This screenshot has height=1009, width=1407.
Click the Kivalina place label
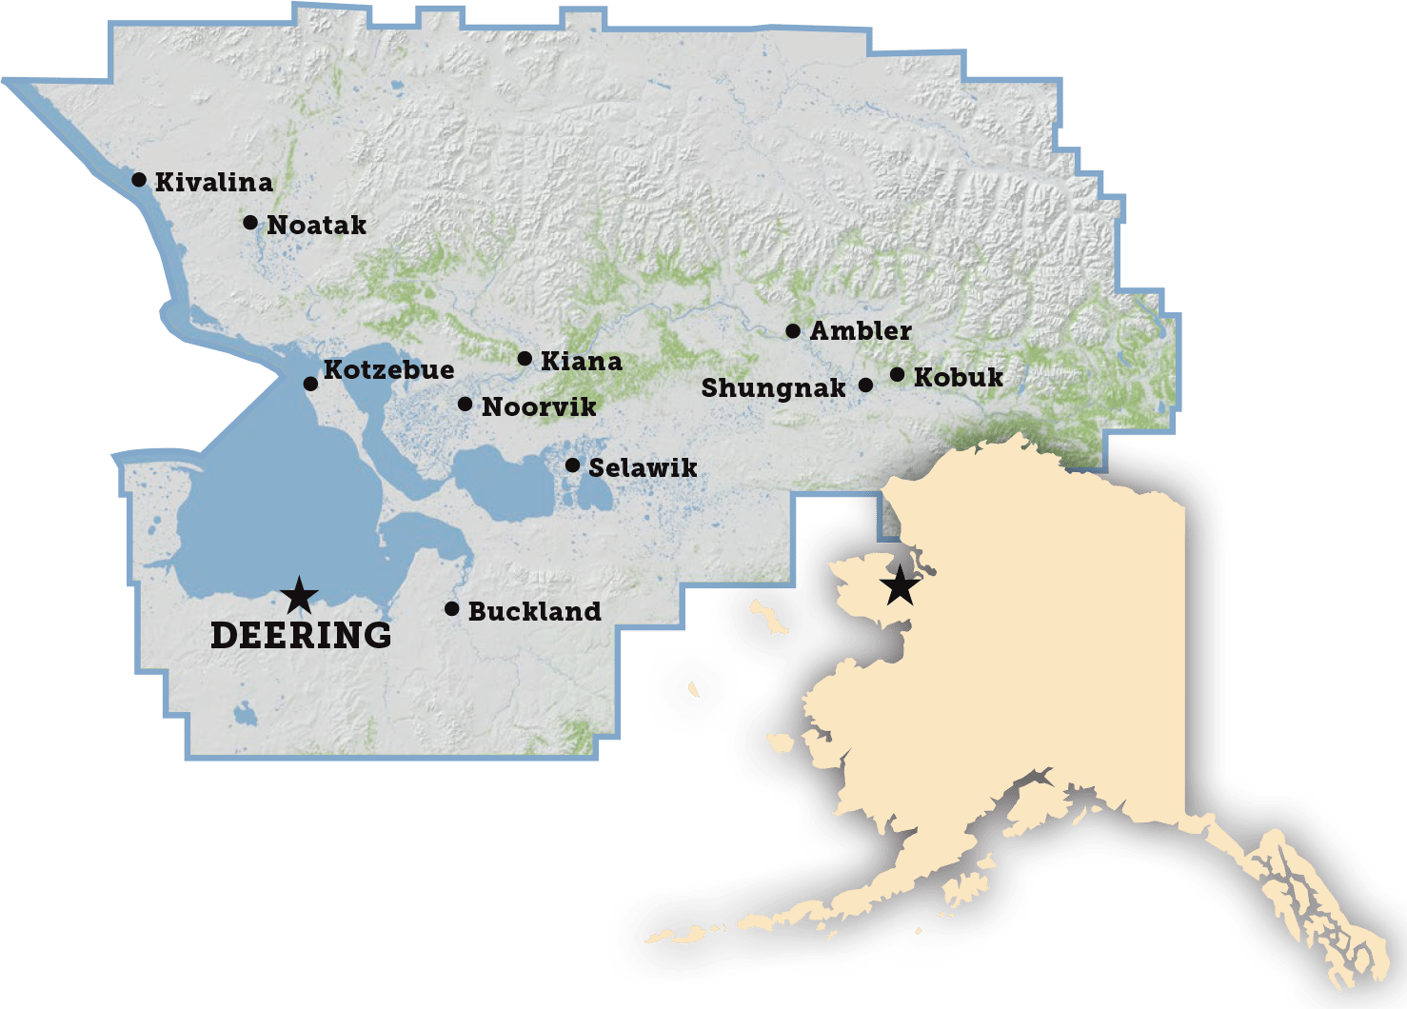tap(213, 182)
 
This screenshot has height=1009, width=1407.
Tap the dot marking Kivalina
tap(139, 179)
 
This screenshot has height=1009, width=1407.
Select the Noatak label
tap(316, 226)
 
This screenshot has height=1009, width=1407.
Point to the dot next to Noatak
tap(250, 223)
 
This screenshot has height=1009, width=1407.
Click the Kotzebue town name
tap(388, 369)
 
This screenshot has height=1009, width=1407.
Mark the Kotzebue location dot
tap(310, 384)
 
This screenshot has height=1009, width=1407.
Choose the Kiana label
tap(581, 362)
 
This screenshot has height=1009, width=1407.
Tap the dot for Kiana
tap(525, 359)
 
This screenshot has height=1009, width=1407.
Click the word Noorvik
tap(539, 407)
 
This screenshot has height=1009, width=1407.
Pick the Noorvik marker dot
tap(465, 405)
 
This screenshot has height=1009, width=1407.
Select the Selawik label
tap(643, 468)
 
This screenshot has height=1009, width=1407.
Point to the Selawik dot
tap(572, 465)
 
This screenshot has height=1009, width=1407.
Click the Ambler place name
tap(861, 331)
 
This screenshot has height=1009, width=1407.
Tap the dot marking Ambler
tap(793, 331)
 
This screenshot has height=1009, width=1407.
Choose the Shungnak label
tap(773, 388)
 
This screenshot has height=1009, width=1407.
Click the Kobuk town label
tap(958, 378)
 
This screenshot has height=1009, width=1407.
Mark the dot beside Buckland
tap(452, 608)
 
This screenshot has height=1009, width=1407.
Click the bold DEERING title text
tap(301, 636)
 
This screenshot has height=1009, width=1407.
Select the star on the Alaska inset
tap(900, 588)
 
